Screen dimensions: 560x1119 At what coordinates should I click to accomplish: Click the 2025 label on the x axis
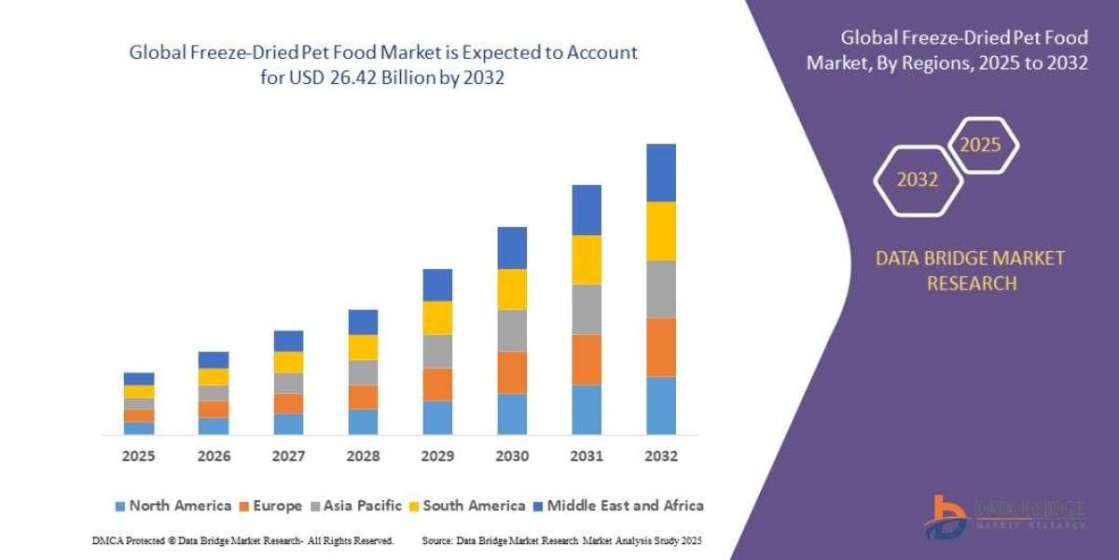(139, 456)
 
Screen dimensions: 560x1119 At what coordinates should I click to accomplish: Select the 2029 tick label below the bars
(437, 456)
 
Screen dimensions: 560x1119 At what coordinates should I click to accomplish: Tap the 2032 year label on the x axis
(661, 456)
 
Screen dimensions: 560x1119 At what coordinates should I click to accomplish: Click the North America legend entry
(173, 506)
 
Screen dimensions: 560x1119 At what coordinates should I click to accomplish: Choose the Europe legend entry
(271, 506)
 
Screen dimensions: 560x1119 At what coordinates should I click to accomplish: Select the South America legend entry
(466, 506)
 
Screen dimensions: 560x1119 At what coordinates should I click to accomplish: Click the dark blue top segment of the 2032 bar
(661, 173)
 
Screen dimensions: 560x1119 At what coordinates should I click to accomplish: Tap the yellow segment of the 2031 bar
(587, 259)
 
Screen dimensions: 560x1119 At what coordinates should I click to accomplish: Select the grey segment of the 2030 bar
(512, 330)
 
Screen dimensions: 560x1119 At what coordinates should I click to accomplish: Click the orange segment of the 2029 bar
(437, 385)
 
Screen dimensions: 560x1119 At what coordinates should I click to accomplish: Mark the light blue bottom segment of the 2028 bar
(363, 422)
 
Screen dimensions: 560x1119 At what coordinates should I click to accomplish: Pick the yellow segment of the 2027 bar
(288, 362)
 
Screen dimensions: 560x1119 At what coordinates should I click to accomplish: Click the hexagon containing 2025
(982, 145)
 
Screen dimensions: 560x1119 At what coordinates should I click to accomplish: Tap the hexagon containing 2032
(917, 179)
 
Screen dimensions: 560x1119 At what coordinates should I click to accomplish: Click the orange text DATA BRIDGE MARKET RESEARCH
(970, 271)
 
